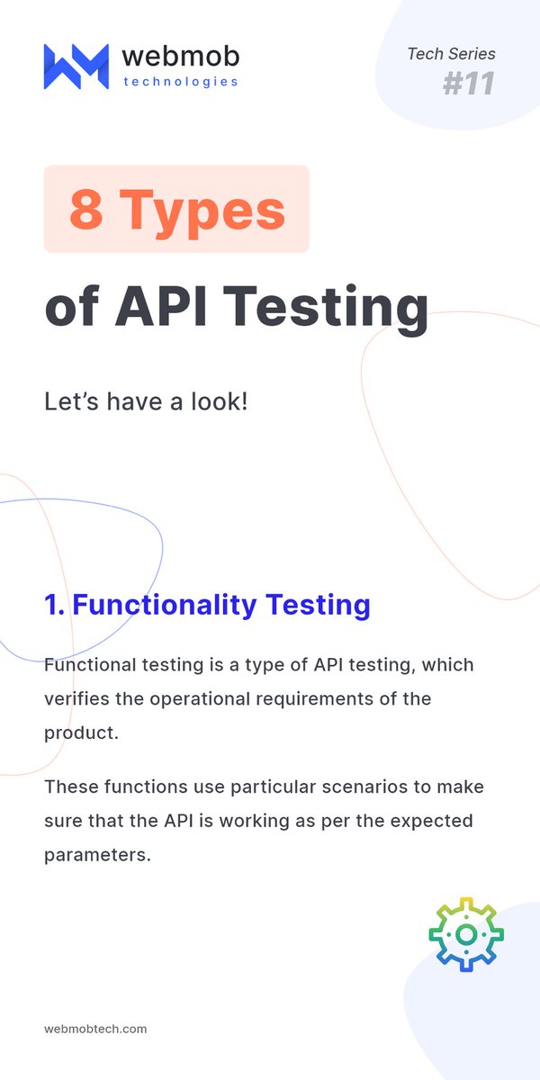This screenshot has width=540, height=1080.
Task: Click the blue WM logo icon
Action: tap(76, 66)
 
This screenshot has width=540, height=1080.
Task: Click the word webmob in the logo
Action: tap(180, 57)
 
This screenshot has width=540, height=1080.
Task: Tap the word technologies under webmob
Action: tap(180, 82)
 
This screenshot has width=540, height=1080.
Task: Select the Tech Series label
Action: tap(451, 54)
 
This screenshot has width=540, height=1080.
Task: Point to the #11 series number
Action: tap(469, 84)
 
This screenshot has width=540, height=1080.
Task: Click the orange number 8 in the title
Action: tap(85, 210)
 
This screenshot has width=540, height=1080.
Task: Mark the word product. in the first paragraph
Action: tap(81, 732)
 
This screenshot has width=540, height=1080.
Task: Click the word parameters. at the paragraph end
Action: tap(96, 854)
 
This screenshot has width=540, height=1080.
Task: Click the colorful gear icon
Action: tap(465, 934)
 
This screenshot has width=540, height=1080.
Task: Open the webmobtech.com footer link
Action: tap(95, 1029)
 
